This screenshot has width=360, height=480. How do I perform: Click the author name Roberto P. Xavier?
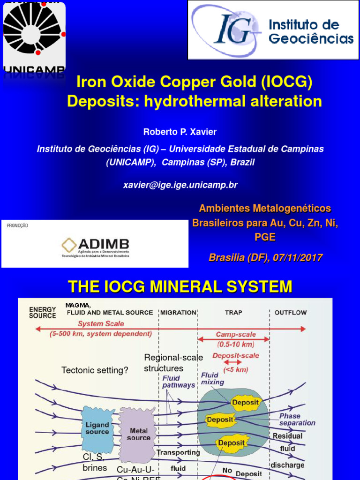point(180,132)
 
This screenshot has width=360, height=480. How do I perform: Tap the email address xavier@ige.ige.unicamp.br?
point(180,185)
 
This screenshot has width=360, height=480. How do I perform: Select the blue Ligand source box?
point(97,428)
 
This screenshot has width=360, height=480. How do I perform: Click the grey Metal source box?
point(138,434)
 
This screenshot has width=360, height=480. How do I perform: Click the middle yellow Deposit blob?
point(219,420)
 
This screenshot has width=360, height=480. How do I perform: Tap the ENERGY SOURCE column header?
point(43,313)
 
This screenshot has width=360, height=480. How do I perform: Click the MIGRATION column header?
point(178,312)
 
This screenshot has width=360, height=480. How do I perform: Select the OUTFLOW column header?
point(291,312)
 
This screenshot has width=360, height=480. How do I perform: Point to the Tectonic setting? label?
point(95,370)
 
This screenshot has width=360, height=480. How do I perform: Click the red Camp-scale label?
point(235,335)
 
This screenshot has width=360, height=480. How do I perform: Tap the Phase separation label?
point(297,419)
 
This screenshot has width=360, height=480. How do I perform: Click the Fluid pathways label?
point(179,382)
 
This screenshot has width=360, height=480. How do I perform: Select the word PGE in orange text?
point(265,238)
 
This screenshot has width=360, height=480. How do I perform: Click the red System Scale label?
point(101,323)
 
